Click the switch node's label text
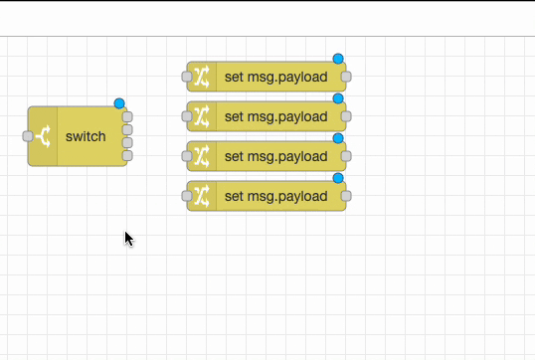tap(86, 136)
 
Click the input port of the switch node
tap(28, 136)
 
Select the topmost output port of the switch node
tap(127, 116)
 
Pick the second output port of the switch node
tap(127, 129)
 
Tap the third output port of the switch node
tap(127, 142)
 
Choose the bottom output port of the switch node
tap(127, 155)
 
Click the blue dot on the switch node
tap(119, 103)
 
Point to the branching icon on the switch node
tap(44, 136)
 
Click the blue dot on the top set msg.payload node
tap(338, 59)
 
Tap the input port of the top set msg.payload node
tap(187, 77)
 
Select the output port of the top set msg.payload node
tap(346, 77)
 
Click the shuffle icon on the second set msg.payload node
tap(202, 116)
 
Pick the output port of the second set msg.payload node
tap(346, 116)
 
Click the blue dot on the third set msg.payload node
tap(338, 138)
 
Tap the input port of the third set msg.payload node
tap(187, 156)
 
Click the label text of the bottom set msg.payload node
tap(276, 196)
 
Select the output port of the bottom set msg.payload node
tap(346, 196)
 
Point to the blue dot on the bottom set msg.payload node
tap(338, 178)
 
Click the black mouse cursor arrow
tap(128, 238)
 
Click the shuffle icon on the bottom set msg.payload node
tap(202, 196)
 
